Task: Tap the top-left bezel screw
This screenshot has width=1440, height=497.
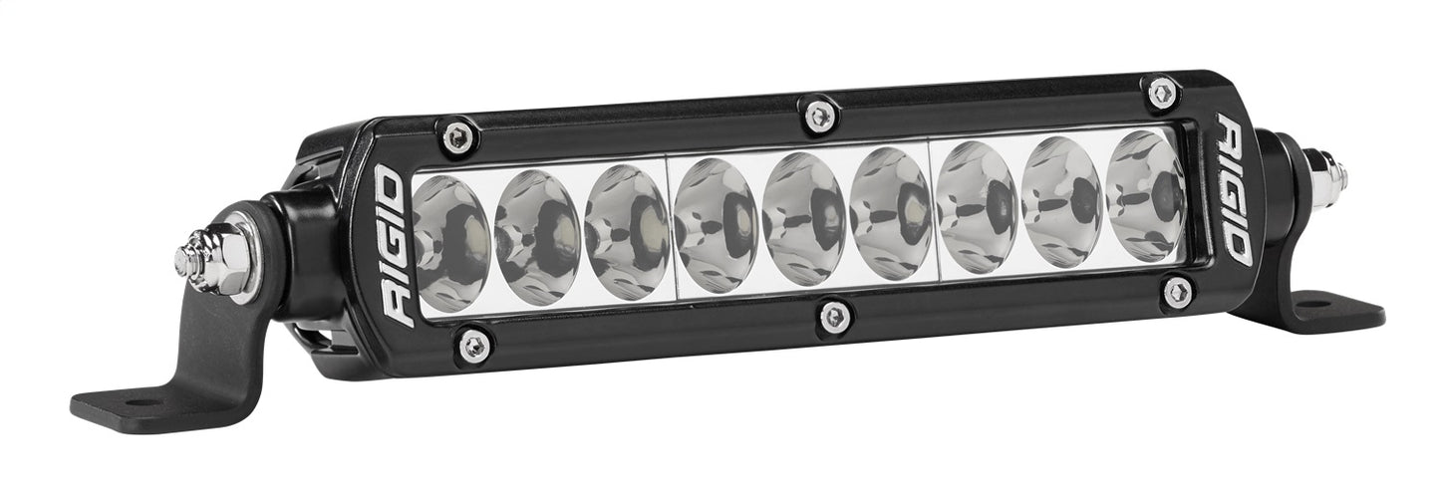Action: (457, 138)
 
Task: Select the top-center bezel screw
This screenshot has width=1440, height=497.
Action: (818, 115)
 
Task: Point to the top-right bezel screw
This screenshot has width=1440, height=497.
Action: (1161, 93)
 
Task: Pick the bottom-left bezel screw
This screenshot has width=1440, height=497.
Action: (473, 345)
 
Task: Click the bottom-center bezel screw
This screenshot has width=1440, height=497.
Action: (835, 317)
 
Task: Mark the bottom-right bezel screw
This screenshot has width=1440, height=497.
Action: (1177, 292)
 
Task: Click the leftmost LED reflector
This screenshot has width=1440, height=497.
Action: (450, 244)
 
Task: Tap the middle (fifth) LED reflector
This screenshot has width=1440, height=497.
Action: (803, 218)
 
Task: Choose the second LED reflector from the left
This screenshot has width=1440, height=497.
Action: (537, 237)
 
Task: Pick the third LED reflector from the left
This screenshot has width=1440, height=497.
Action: (626, 230)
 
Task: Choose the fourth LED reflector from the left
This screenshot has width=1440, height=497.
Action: (716, 224)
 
